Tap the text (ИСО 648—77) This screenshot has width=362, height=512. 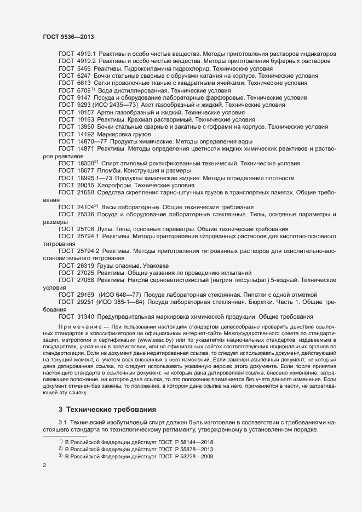(x=120, y=295)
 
